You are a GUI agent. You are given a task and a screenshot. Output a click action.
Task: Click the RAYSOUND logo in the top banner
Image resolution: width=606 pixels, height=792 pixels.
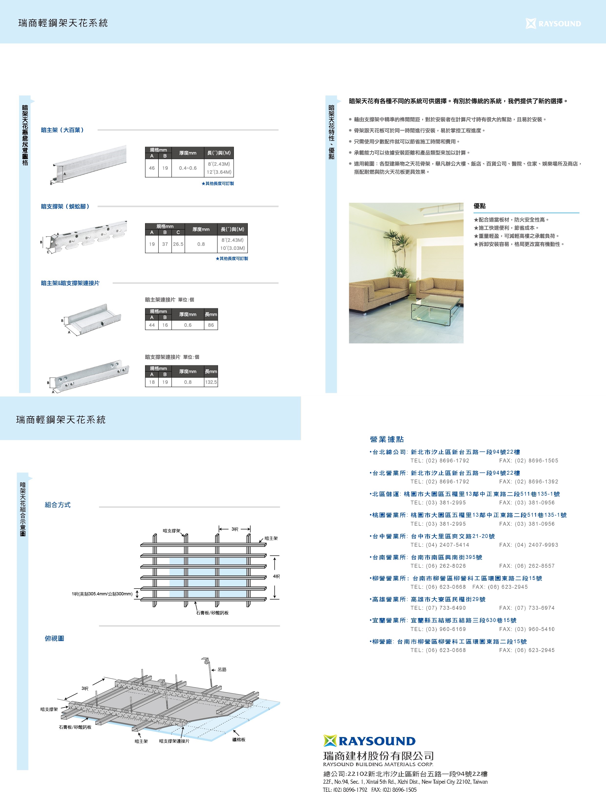tap(553, 23)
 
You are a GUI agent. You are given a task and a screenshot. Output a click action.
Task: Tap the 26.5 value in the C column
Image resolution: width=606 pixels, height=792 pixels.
tap(178, 244)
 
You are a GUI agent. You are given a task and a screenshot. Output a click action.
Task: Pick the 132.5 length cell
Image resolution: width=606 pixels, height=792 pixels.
tap(211, 382)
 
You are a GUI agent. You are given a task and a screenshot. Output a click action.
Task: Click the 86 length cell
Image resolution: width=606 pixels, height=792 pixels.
tap(211, 325)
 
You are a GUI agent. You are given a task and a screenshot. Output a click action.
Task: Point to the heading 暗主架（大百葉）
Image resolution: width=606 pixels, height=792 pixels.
tap(63, 130)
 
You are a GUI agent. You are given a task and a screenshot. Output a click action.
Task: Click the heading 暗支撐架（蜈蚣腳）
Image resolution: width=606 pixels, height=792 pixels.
tap(65, 206)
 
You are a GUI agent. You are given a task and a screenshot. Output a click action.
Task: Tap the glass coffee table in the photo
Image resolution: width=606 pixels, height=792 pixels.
tap(435, 309)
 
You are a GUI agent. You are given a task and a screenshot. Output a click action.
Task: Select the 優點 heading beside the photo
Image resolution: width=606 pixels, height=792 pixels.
tap(480, 206)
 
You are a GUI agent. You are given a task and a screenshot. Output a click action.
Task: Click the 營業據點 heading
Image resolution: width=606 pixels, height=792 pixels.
tap(387, 439)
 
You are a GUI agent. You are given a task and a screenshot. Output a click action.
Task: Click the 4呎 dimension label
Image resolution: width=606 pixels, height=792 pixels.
tap(276, 577)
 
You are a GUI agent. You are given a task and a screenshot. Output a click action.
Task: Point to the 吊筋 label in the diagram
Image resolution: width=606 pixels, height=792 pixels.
tap(222, 670)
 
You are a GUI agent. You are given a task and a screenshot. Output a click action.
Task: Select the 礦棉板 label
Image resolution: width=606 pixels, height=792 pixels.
tap(239, 740)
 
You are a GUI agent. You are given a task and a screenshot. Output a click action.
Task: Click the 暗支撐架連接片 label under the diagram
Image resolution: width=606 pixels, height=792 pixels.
tap(174, 741)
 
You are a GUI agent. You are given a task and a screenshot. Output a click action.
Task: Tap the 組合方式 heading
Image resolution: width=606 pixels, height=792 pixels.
tap(58, 505)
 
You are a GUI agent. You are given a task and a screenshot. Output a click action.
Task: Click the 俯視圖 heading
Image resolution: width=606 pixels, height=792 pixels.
tap(54, 638)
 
